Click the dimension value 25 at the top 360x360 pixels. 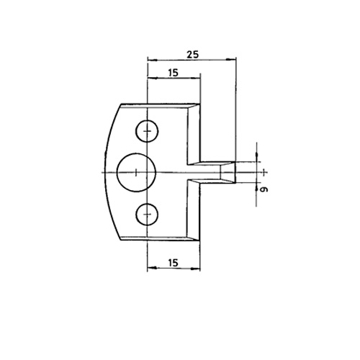click(193, 55)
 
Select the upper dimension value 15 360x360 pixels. click(173, 73)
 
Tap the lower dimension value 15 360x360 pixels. click(173, 263)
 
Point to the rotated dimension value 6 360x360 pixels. click(264, 189)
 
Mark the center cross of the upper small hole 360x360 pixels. click(148, 131)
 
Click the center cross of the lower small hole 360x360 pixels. click(148, 214)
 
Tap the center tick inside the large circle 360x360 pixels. click(136, 172)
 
